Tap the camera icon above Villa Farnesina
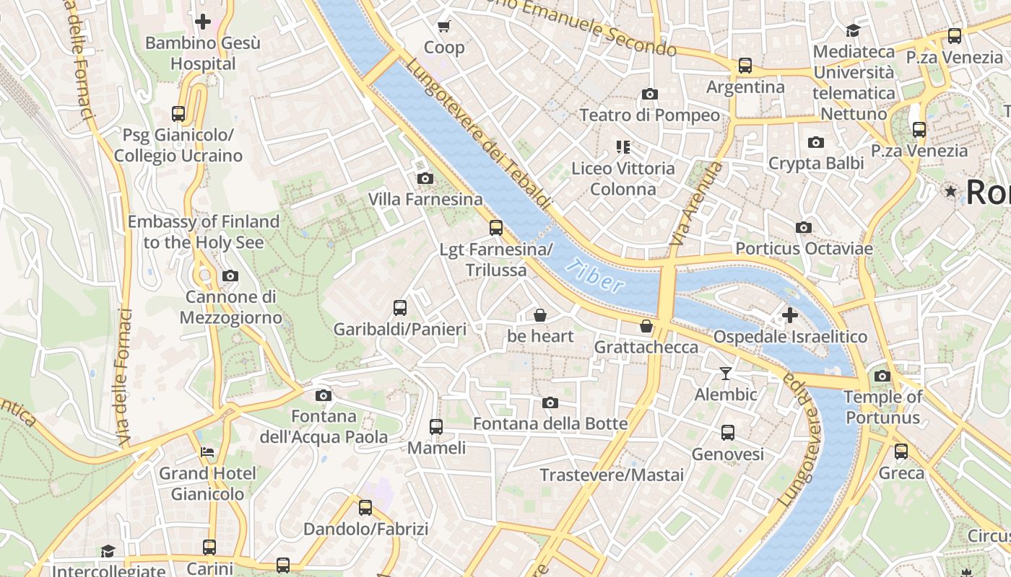(425, 178)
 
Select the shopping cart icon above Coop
(443, 27)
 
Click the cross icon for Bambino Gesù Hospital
(203, 22)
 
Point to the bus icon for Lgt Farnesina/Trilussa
(495, 228)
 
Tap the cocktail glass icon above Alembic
(726, 374)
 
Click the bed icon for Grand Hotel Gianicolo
(207, 453)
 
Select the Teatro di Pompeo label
(649, 115)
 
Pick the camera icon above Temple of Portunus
(882, 376)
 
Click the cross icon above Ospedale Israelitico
(789, 315)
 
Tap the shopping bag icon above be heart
(539, 315)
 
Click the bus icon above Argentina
(745, 66)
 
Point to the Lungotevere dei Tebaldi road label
(478, 135)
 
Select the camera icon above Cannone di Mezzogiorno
(230, 276)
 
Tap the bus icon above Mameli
(436, 426)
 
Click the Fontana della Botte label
(550, 423)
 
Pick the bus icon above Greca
(901, 452)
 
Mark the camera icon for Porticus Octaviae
(803, 228)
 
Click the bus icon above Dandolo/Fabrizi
(365, 507)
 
